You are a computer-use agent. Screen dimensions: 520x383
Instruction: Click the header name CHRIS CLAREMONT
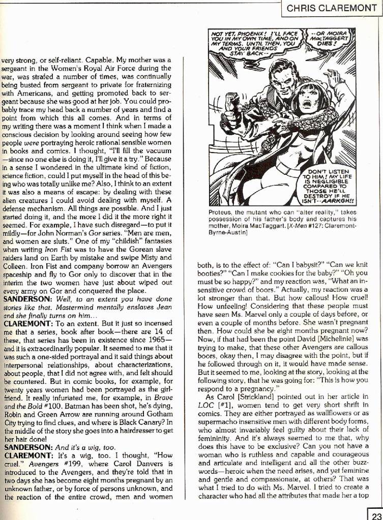pos(332,8)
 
